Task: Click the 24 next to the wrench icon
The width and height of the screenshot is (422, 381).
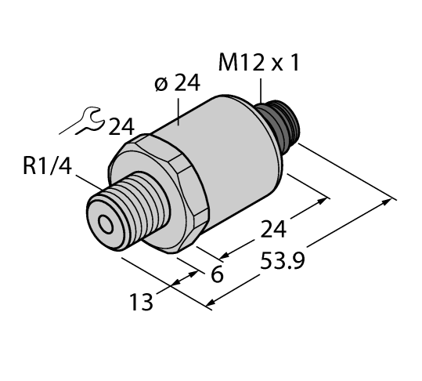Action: pos(121,125)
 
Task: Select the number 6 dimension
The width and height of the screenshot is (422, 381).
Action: pos(216,275)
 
